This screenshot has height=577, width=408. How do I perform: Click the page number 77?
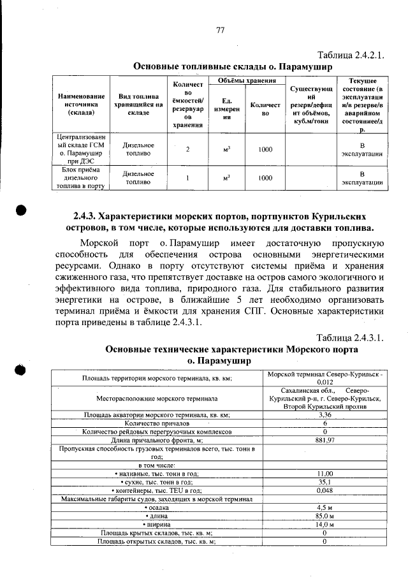[x=220, y=30]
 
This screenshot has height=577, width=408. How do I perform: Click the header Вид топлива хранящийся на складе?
[x=137, y=104]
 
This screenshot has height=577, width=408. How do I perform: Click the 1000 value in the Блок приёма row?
[x=265, y=179]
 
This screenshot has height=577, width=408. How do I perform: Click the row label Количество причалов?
[x=157, y=423]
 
